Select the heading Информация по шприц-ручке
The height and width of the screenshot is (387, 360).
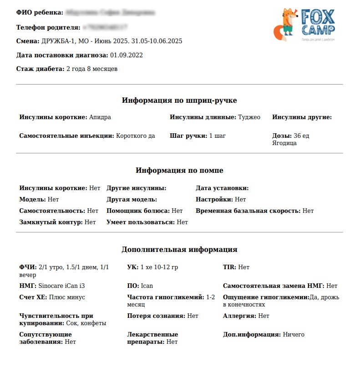[x=179, y=100]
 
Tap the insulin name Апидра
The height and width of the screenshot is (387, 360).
[x=100, y=117]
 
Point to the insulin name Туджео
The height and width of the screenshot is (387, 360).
[x=249, y=117]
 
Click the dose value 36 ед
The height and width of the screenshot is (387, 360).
[x=301, y=136]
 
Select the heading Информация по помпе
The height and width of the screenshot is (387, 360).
[x=179, y=171]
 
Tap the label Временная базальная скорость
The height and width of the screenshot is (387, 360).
[x=248, y=211]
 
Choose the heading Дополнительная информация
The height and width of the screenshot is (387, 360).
[x=179, y=249]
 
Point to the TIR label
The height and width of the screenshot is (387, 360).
[x=229, y=267]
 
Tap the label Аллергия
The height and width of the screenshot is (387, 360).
[x=239, y=316]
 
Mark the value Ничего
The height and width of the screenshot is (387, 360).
[x=294, y=334]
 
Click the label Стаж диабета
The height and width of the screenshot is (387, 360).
[x=40, y=69]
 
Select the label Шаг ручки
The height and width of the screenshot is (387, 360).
[x=188, y=136]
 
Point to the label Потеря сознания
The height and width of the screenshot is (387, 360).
[x=156, y=316]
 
